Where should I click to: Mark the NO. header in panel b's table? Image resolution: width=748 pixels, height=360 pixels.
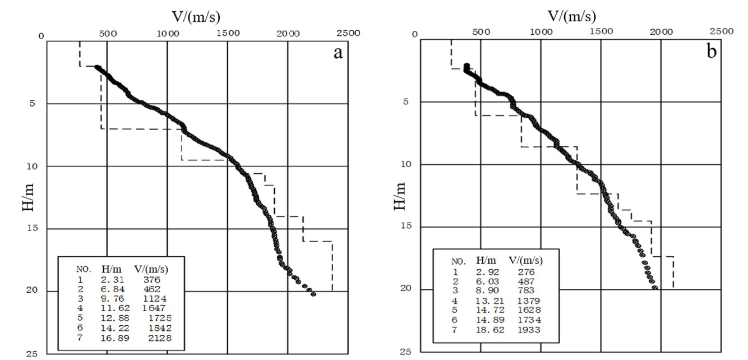458,261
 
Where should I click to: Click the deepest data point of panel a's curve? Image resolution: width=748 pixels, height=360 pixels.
313,294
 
